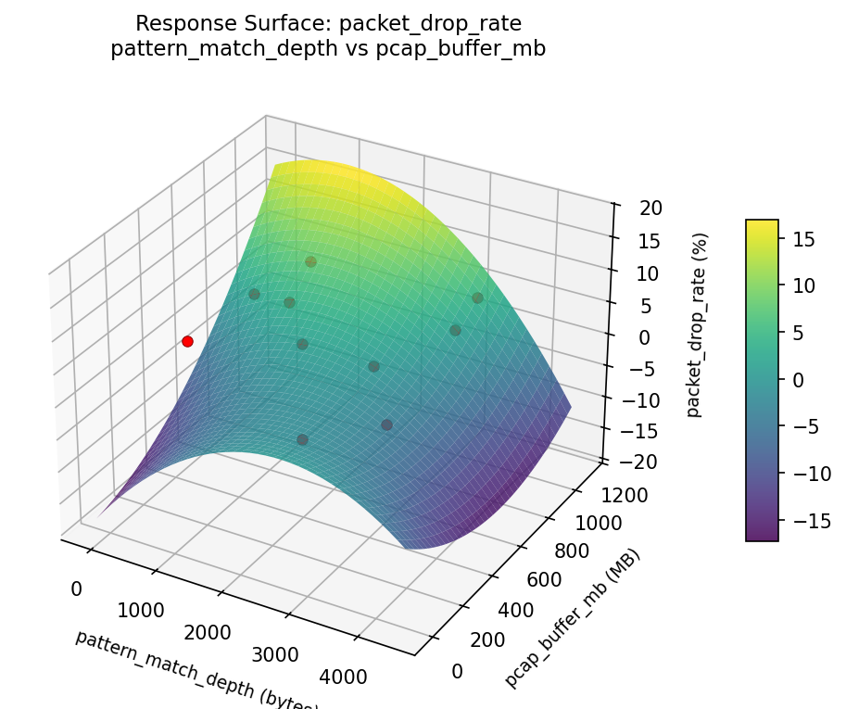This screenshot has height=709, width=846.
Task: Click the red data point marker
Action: (187, 341)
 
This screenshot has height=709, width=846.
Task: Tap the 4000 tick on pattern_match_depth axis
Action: (342, 677)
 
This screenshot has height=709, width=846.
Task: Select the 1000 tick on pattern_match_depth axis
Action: (141, 610)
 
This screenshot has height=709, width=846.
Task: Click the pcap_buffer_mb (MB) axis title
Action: (572, 618)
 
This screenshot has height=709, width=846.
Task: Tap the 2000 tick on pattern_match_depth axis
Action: (207, 632)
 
